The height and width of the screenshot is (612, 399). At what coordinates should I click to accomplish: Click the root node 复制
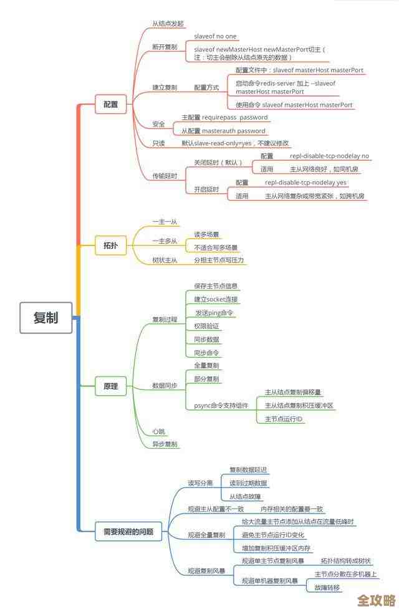click(x=46, y=317)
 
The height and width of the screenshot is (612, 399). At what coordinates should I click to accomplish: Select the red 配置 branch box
click(x=110, y=104)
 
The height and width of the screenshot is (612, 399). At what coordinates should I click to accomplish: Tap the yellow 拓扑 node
click(x=110, y=246)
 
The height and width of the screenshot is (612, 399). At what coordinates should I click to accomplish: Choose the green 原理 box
click(x=110, y=386)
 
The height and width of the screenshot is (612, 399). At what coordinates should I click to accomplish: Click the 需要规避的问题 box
click(x=128, y=532)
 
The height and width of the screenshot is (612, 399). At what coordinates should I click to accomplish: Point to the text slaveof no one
click(x=215, y=37)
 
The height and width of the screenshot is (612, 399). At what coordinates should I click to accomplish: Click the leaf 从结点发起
click(x=168, y=24)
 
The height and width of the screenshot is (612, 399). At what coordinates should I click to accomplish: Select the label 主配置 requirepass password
click(x=224, y=117)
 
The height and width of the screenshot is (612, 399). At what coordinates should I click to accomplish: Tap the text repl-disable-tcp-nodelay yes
click(x=305, y=183)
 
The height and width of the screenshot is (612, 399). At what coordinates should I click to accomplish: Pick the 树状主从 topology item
click(x=165, y=260)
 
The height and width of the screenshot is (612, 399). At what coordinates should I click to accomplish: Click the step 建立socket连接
click(x=216, y=299)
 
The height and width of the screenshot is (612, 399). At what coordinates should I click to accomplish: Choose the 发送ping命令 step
click(x=214, y=312)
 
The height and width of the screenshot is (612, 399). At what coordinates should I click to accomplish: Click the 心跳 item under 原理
click(x=158, y=431)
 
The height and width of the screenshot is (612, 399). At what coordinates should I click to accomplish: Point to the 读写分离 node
click(x=200, y=483)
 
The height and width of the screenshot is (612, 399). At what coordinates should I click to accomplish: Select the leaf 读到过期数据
click(x=248, y=483)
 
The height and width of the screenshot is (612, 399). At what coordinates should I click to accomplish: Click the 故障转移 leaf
click(x=327, y=588)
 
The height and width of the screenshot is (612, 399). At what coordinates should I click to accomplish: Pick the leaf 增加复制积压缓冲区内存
click(x=276, y=548)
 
